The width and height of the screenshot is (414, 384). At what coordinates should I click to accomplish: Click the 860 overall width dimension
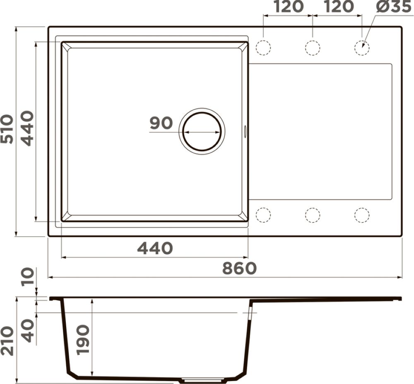tap(239, 268)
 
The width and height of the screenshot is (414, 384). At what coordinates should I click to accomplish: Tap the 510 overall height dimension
tap(7, 129)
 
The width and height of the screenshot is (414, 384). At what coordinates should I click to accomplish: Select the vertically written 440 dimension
tap(27, 128)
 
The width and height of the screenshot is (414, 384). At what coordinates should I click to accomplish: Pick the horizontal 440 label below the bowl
tap(155, 248)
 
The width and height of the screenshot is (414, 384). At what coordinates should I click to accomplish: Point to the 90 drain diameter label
tap(161, 123)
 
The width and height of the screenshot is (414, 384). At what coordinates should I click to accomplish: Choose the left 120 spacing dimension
tap(288, 7)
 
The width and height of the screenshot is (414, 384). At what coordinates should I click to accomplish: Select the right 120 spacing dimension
tap(339, 7)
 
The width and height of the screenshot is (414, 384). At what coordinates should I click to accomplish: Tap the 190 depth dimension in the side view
tap(82, 340)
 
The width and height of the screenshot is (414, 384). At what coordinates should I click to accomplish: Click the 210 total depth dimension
tap(7, 341)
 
